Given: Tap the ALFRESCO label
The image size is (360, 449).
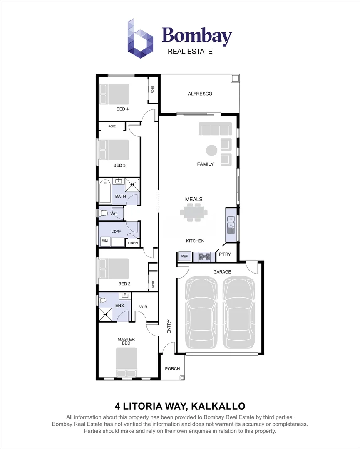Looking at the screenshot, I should [x=200, y=94].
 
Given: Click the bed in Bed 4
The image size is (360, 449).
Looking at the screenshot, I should [x=114, y=94].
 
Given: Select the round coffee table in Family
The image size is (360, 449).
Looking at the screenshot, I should [x=212, y=150].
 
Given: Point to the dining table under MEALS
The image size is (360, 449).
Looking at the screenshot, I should [x=194, y=212].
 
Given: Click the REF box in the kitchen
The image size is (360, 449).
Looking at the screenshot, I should [x=184, y=257].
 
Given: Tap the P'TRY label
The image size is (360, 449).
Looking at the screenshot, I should [x=225, y=254].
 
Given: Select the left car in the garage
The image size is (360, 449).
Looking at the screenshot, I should [x=202, y=313].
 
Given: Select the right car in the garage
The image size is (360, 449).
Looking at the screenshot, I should [x=239, y=313].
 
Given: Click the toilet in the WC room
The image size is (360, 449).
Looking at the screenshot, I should [x=103, y=213].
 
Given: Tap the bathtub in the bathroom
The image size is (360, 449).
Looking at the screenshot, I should [x=104, y=191].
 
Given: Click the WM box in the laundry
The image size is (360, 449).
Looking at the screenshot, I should [x=105, y=241].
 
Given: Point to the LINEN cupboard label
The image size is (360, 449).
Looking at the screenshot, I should [x=133, y=243].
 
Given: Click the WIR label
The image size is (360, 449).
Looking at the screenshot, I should [x=144, y=307].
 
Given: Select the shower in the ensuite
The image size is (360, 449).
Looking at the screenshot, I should [x=105, y=314].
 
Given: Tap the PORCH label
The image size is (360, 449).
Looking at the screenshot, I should [x=173, y=369].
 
